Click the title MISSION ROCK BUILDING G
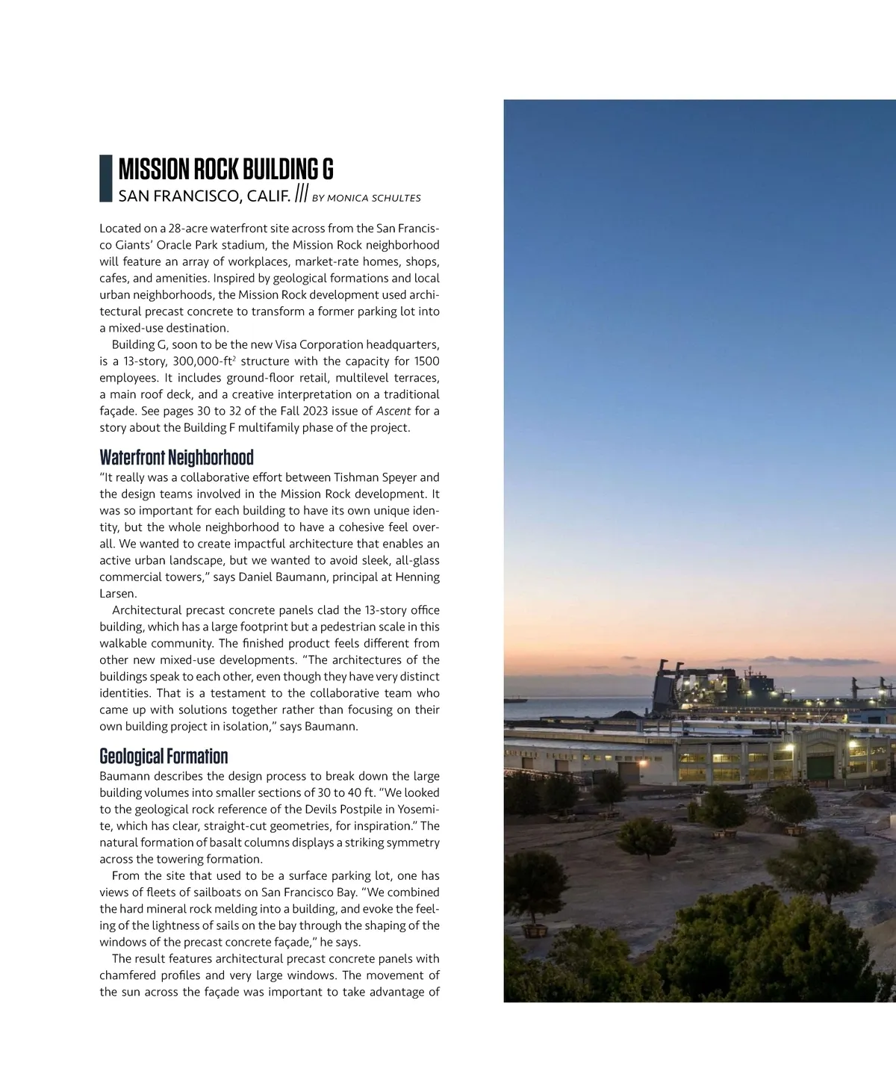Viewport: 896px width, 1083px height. (225, 170)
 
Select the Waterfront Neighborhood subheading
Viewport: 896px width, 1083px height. (176, 457)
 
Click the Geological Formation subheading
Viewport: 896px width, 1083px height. (164, 756)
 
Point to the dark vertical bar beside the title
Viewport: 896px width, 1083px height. (105, 179)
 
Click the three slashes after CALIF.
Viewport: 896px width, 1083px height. (301, 194)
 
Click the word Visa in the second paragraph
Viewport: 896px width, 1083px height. (286, 344)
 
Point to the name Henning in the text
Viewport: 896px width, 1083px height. (417, 577)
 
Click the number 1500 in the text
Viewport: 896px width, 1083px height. (426, 361)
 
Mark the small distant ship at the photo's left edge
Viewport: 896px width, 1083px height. (515, 701)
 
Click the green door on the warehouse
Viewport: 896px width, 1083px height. (820, 768)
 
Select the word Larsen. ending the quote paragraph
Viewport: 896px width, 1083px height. (118, 594)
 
